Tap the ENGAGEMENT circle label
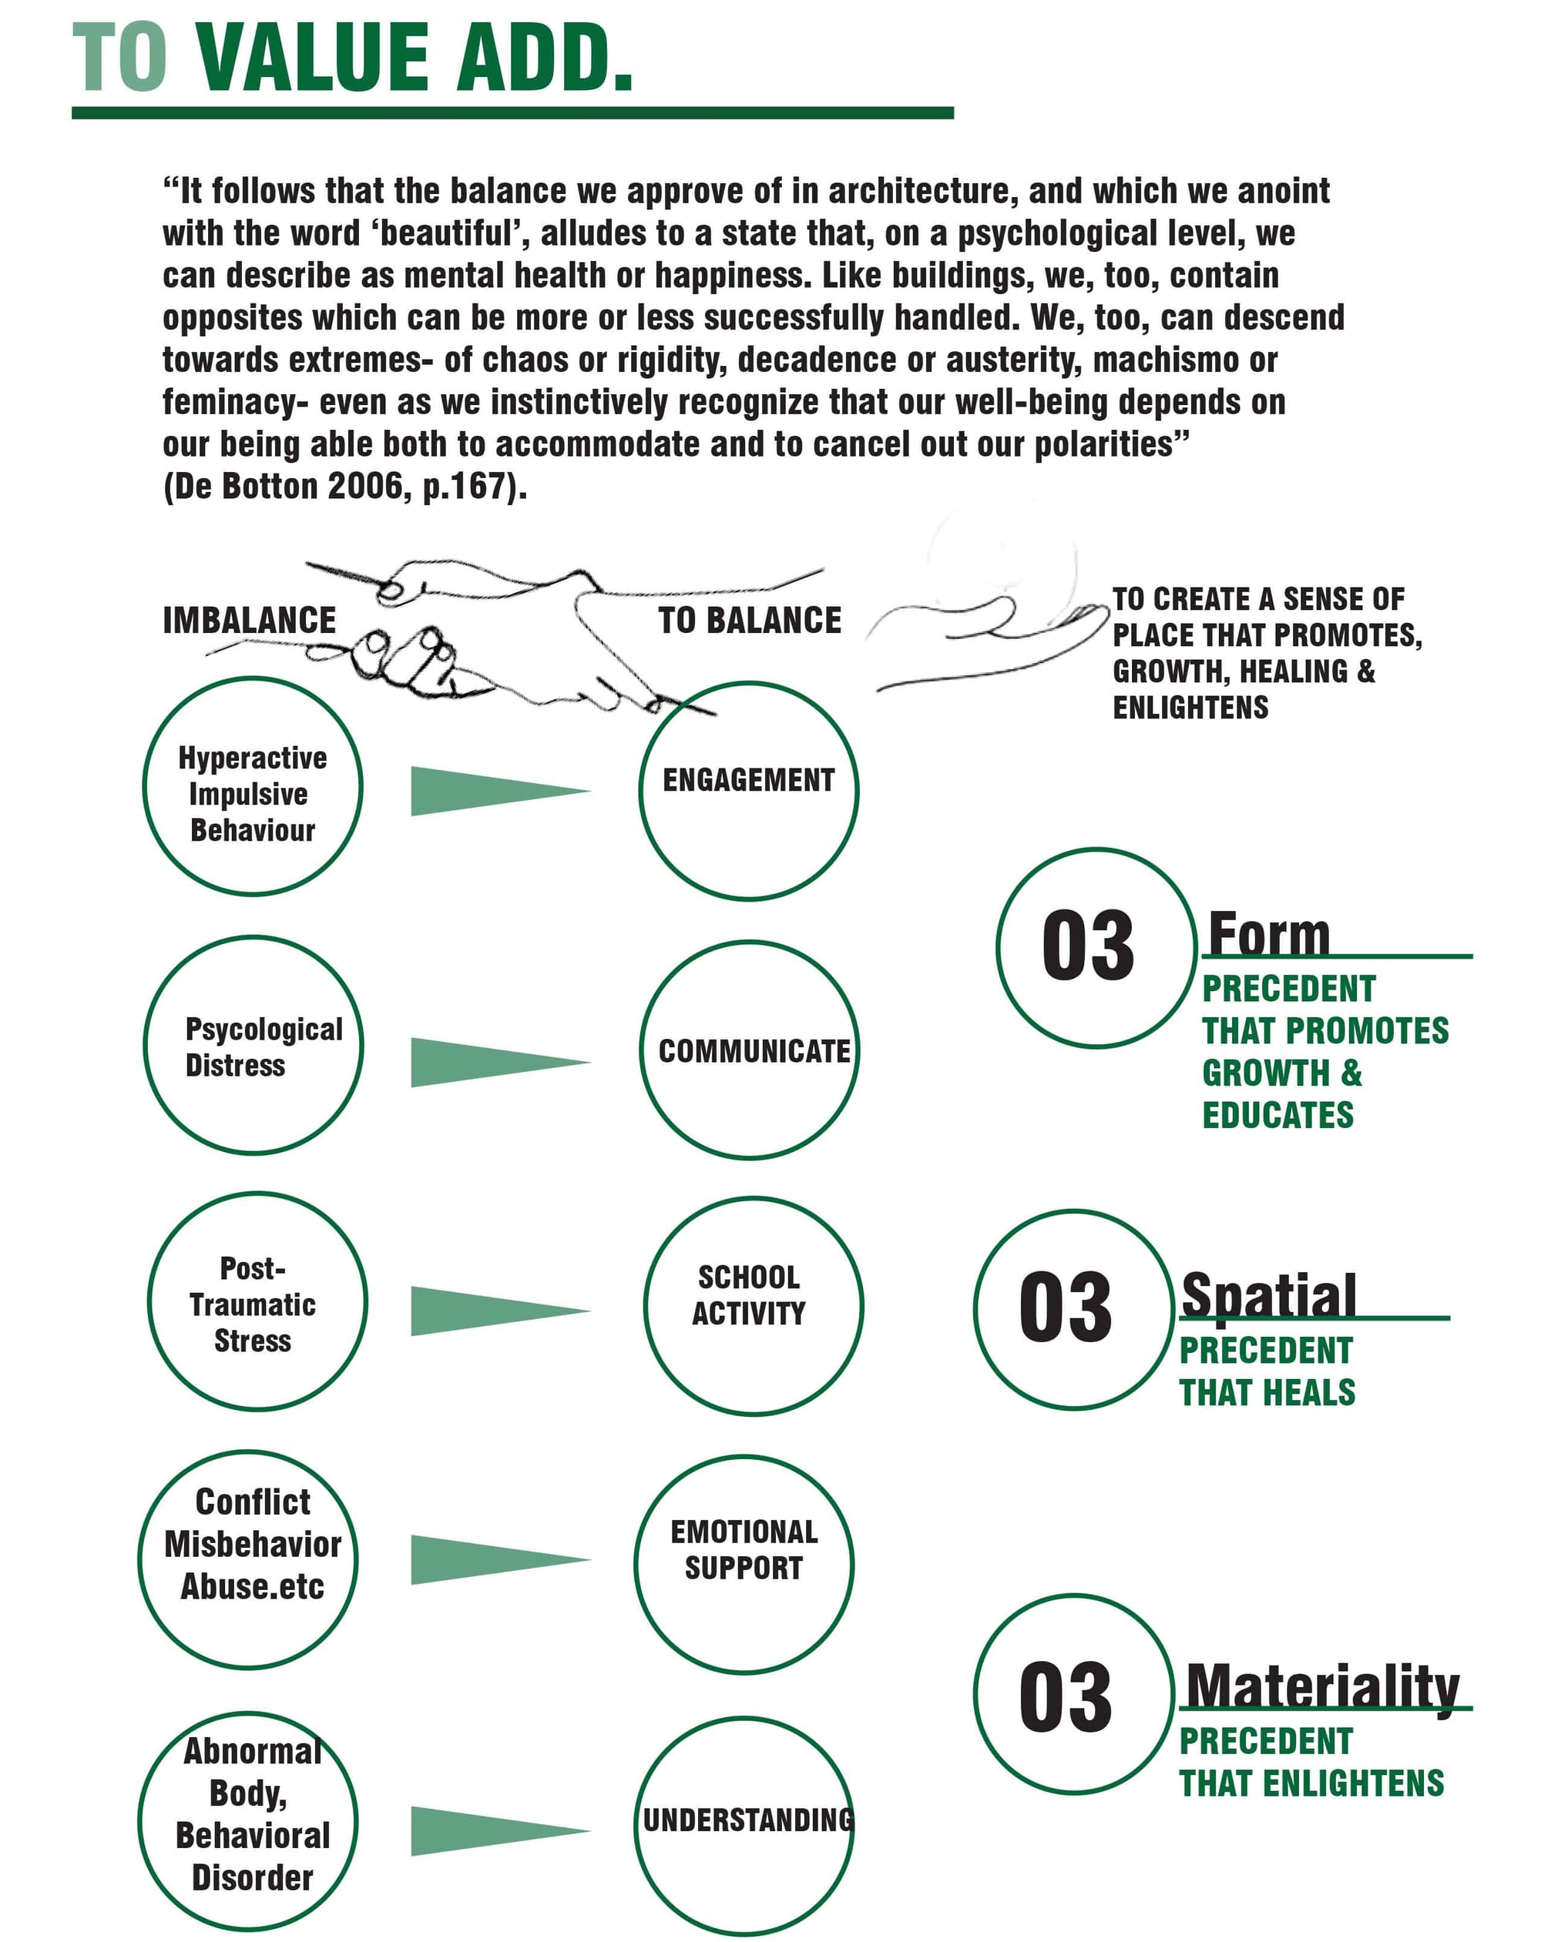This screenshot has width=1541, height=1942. pos(748,780)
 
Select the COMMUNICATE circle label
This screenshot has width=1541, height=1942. pos(754,1051)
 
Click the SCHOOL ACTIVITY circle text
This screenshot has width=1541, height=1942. pos(748,1295)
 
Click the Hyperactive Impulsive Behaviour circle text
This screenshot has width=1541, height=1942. pos(252,794)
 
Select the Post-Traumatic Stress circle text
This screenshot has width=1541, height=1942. pos(252,1304)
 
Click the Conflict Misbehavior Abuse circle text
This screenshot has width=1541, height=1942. pos(252,1544)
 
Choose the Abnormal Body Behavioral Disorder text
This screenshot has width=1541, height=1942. pos(252,1814)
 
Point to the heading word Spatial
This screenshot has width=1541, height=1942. pos(1268,1295)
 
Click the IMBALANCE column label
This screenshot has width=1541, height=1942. pos(249,621)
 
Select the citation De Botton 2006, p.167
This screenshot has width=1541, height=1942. pos(344,487)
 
